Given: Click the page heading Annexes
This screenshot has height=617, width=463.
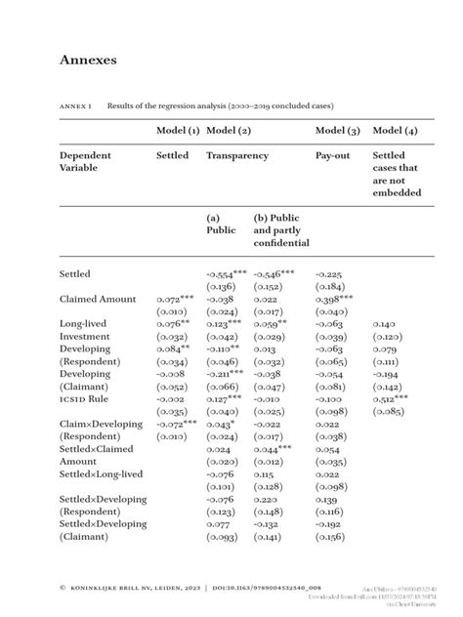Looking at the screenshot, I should click(x=88, y=61).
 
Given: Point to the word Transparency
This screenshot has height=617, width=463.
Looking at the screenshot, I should click(x=239, y=154).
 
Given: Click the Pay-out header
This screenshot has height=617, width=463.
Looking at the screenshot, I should click(x=334, y=154).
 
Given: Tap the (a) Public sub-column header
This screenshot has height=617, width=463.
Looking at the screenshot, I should click(x=222, y=225).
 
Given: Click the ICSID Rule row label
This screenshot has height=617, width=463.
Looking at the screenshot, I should click(x=85, y=399).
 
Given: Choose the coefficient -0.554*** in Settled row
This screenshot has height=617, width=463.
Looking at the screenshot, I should click(x=226, y=274).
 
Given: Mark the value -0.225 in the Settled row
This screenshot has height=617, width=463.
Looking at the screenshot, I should click(x=330, y=274).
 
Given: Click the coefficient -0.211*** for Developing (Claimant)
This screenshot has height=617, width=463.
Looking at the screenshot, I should click(x=226, y=374).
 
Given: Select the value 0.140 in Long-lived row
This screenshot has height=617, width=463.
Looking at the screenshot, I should click(x=385, y=323).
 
